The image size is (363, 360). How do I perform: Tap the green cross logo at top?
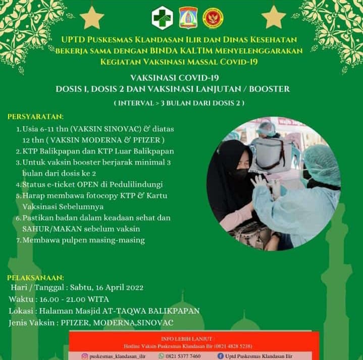(x=162, y=19)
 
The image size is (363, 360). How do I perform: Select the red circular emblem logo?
(x=213, y=18)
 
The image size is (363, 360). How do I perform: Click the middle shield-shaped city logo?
(x=188, y=18)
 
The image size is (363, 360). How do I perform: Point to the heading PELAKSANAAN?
(x=35, y=277)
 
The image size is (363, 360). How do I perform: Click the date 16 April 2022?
(x=117, y=288)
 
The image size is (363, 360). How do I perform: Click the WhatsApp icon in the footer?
(x=162, y=356)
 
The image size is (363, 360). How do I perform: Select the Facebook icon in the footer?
(x=221, y=356)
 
